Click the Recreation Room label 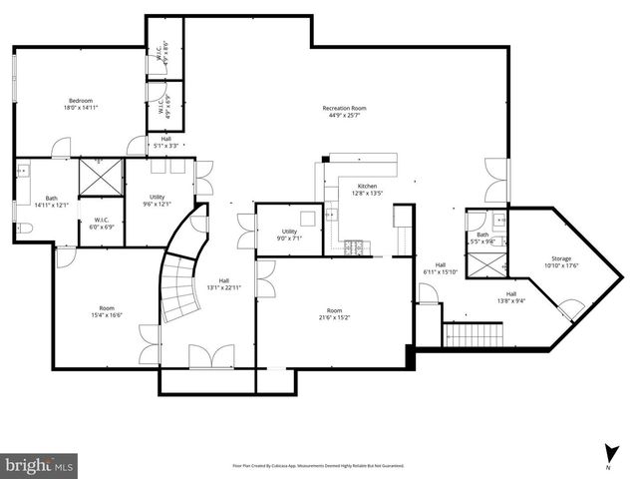tap(344, 112)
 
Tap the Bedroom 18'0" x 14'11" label tap(82, 105)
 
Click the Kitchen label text tap(368, 191)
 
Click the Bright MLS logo tap(39, 464)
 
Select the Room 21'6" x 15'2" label tap(334, 314)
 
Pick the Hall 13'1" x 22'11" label tap(224, 284)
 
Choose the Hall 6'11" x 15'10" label tap(439, 268)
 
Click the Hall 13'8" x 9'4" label tap(510, 297)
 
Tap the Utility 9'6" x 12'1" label tap(158, 201)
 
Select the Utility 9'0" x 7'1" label tap(289, 236)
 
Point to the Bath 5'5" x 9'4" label tap(482, 238)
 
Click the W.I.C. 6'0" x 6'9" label tap(102, 224)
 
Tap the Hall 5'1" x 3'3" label tap(165, 142)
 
